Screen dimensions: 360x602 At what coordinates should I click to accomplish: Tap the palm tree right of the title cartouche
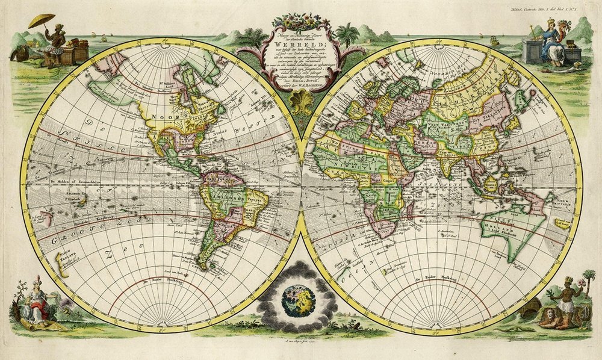pyautogui.click(x=347, y=34)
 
